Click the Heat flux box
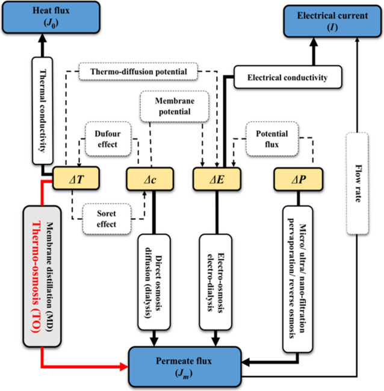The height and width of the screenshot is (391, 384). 51,17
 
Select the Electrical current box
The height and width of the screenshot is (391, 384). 332,21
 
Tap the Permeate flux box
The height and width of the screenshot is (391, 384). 185,366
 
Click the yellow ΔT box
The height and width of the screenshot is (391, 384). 76,178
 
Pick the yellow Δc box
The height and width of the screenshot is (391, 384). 150,179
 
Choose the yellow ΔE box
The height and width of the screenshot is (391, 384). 217,179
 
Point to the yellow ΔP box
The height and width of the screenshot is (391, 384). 299,180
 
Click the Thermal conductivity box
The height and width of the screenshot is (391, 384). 43,111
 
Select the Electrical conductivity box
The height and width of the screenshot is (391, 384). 288,77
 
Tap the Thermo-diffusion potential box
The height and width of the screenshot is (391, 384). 138,72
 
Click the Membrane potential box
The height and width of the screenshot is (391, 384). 175,106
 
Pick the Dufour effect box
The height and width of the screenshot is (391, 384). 108,139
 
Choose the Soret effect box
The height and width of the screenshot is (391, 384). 107,219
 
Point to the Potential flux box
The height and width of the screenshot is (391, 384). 272,139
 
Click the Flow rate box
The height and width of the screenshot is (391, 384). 358,183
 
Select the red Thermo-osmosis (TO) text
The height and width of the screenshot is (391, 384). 36,277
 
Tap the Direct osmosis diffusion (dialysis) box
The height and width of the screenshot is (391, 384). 154,282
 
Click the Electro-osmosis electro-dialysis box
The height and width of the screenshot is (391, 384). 215,282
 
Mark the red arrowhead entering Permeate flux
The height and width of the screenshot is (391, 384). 124,366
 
